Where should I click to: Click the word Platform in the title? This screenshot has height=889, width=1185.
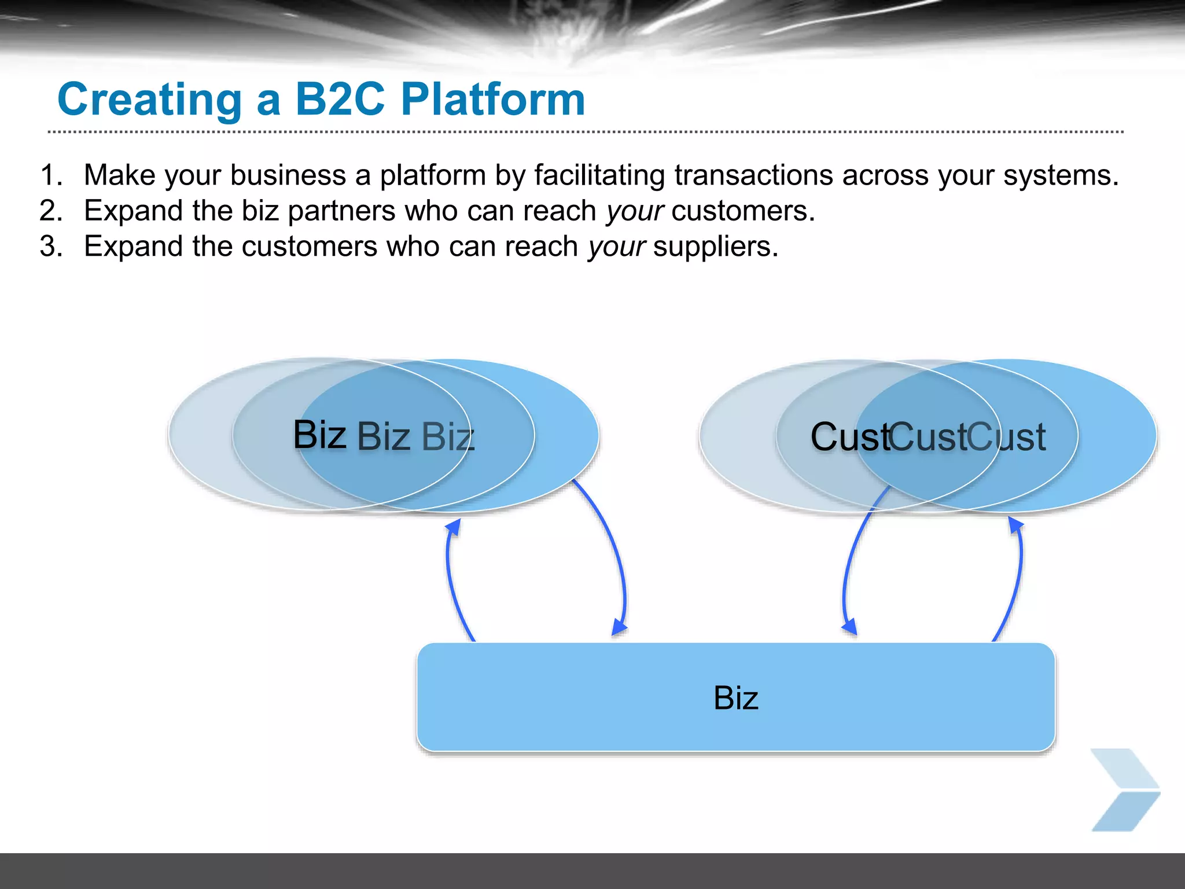[493, 100]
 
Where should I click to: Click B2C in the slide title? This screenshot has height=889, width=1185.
[340, 100]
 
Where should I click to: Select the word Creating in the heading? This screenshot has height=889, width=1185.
[149, 100]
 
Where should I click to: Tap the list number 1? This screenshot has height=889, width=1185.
[51, 175]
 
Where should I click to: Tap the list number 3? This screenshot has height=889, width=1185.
[51, 247]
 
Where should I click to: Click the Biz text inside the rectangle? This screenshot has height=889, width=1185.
[735, 697]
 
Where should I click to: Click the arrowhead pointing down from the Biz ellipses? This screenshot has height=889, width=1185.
[619, 627]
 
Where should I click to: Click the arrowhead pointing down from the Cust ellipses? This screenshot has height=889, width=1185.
[849, 627]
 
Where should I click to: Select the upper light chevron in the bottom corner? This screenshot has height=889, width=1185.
[1125, 769]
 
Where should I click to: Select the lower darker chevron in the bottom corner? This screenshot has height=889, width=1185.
[1125, 812]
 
